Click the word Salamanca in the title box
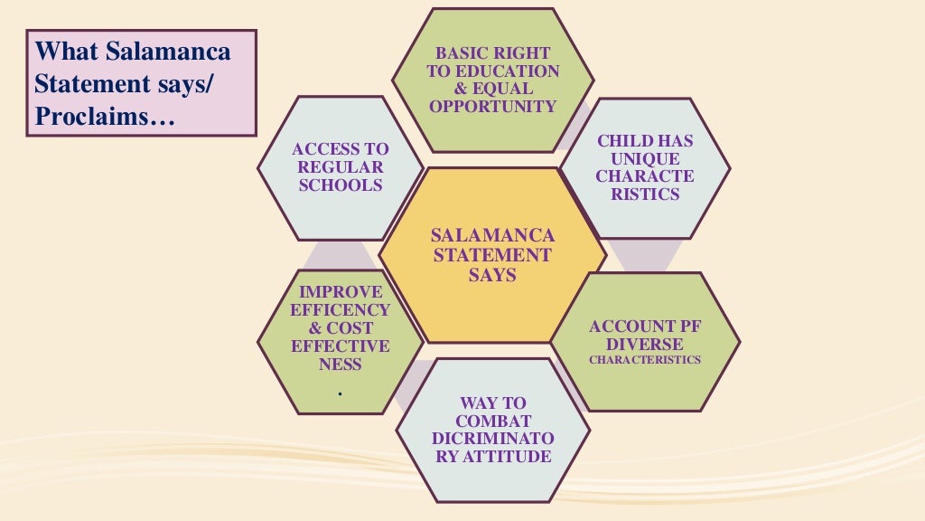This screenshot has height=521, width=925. [x=168, y=51]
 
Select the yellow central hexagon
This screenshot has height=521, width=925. [x=492, y=255]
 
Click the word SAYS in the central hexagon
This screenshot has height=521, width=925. [x=492, y=275]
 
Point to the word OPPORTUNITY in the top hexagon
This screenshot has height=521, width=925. [x=492, y=107]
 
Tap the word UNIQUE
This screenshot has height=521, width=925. [x=645, y=158]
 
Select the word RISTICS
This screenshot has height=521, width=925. [x=645, y=194]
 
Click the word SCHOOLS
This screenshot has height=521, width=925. [x=341, y=185]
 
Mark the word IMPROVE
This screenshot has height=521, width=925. [x=341, y=292]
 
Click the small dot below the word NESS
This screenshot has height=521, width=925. [x=341, y=393]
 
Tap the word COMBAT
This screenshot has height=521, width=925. [x=492, y=422]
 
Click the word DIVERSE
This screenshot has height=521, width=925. [x=645, y=345]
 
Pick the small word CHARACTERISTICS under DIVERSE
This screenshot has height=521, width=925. [x=645, y=360]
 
